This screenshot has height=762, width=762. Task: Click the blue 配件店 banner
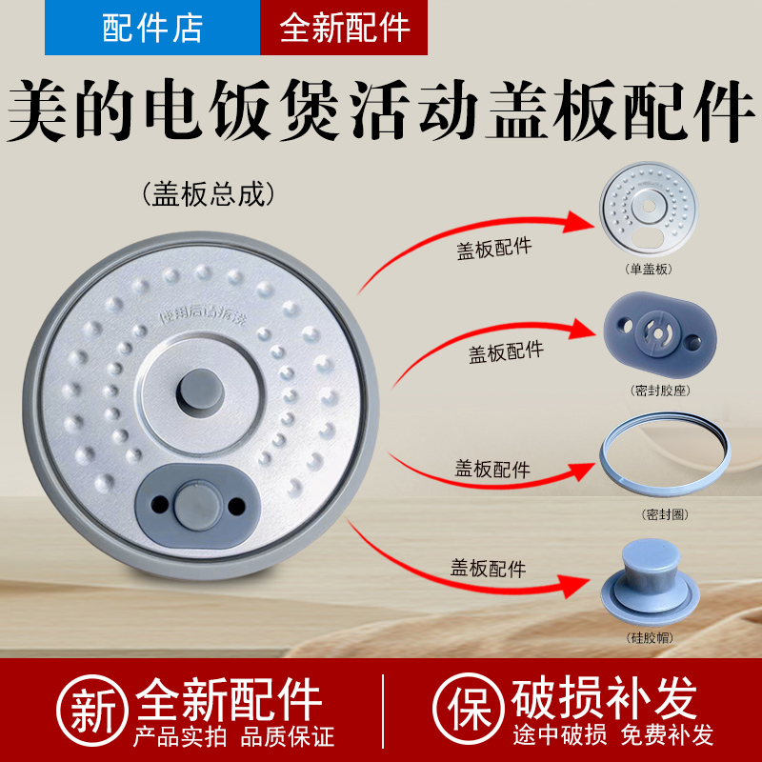(x=152, y=28)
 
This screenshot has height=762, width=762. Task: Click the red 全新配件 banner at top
(x=344, y=28)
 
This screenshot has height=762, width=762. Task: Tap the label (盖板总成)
(x=208, y=194)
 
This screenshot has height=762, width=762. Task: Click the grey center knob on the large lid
(x=199, y=390)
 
